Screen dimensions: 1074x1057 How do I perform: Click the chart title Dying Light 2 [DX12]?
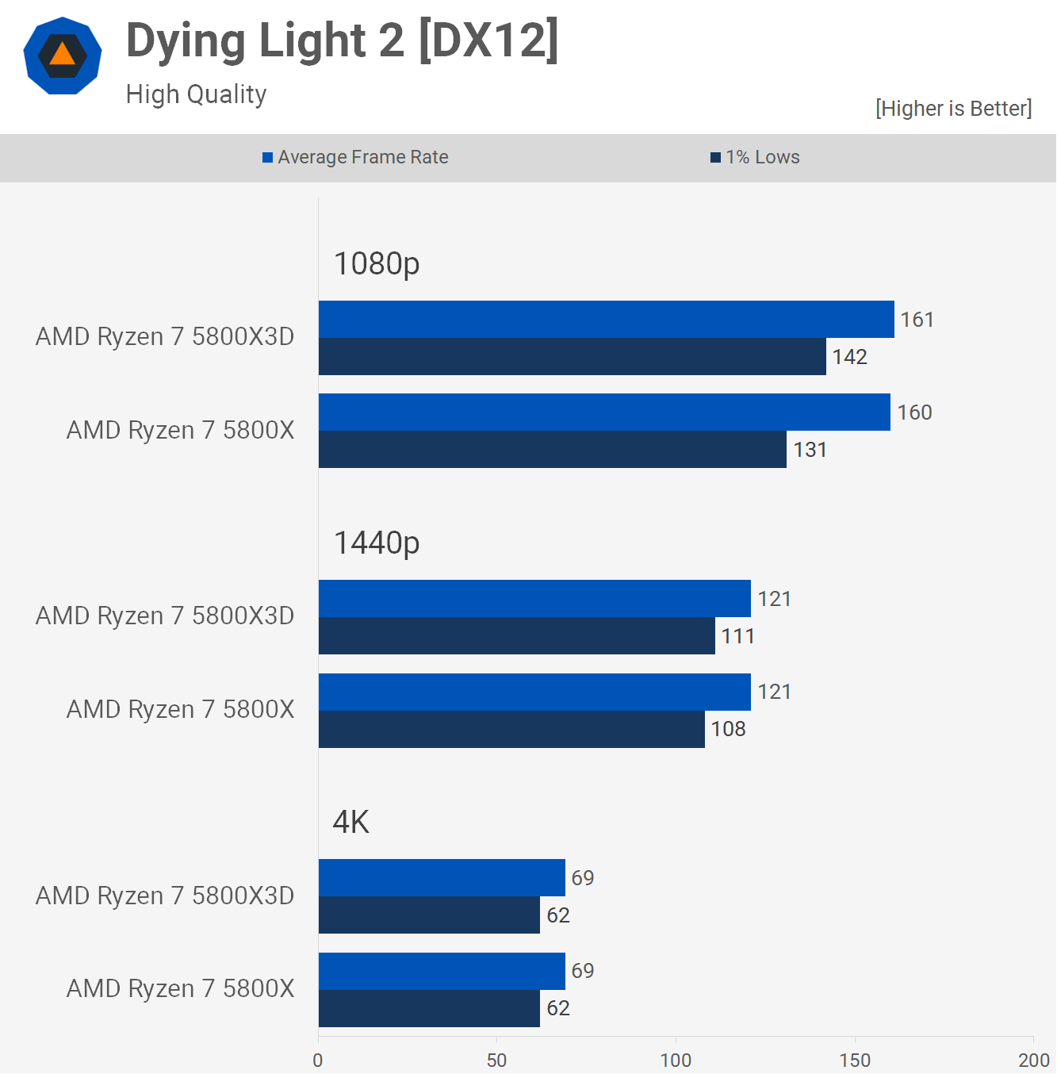(x=343, y=41)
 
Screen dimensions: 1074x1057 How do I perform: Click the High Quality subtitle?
(x=196, y=94)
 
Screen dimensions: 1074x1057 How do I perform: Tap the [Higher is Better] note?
(x=953, y=109)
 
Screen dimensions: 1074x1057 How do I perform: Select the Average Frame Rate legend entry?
(x=355, y=157)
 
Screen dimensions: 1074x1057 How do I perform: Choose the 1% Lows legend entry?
(x=755, y=157)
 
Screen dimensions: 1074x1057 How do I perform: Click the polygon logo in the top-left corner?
(x=63, y=56)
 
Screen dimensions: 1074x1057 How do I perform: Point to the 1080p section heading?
(x=377, y=263)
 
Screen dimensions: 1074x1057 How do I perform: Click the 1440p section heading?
(x=377, y=543)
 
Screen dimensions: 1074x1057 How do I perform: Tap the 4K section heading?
(x=351, y=823)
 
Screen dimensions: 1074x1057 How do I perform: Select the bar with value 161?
(x=606, y=320)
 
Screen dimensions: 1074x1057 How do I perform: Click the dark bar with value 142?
(x=572, y=357)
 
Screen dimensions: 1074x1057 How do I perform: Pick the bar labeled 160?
(x=604, y=412)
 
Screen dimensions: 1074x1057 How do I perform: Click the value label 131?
(x=810, y=450)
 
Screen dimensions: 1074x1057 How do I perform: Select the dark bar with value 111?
(x=516, y=636)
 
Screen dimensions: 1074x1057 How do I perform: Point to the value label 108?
(x=728, y=729)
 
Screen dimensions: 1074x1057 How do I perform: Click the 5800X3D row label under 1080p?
(x=165, y=337)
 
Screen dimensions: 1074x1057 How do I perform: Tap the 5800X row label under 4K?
(x=180, y=989)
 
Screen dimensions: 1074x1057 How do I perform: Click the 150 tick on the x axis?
(x=855, y=1061)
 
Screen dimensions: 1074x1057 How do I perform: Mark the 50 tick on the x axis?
(x=496, y=1061)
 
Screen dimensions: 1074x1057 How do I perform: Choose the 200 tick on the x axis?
(x=1033, y=1061)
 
